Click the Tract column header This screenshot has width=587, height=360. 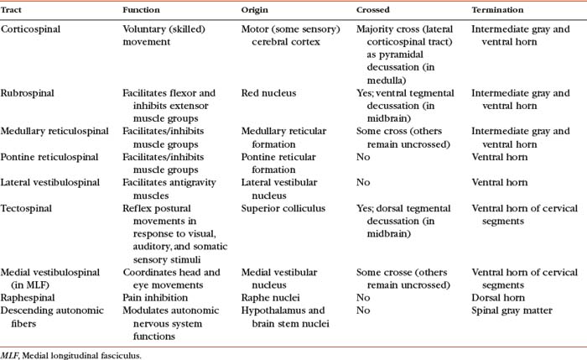13,10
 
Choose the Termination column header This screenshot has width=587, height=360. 498,10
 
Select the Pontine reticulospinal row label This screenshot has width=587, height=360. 45,157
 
